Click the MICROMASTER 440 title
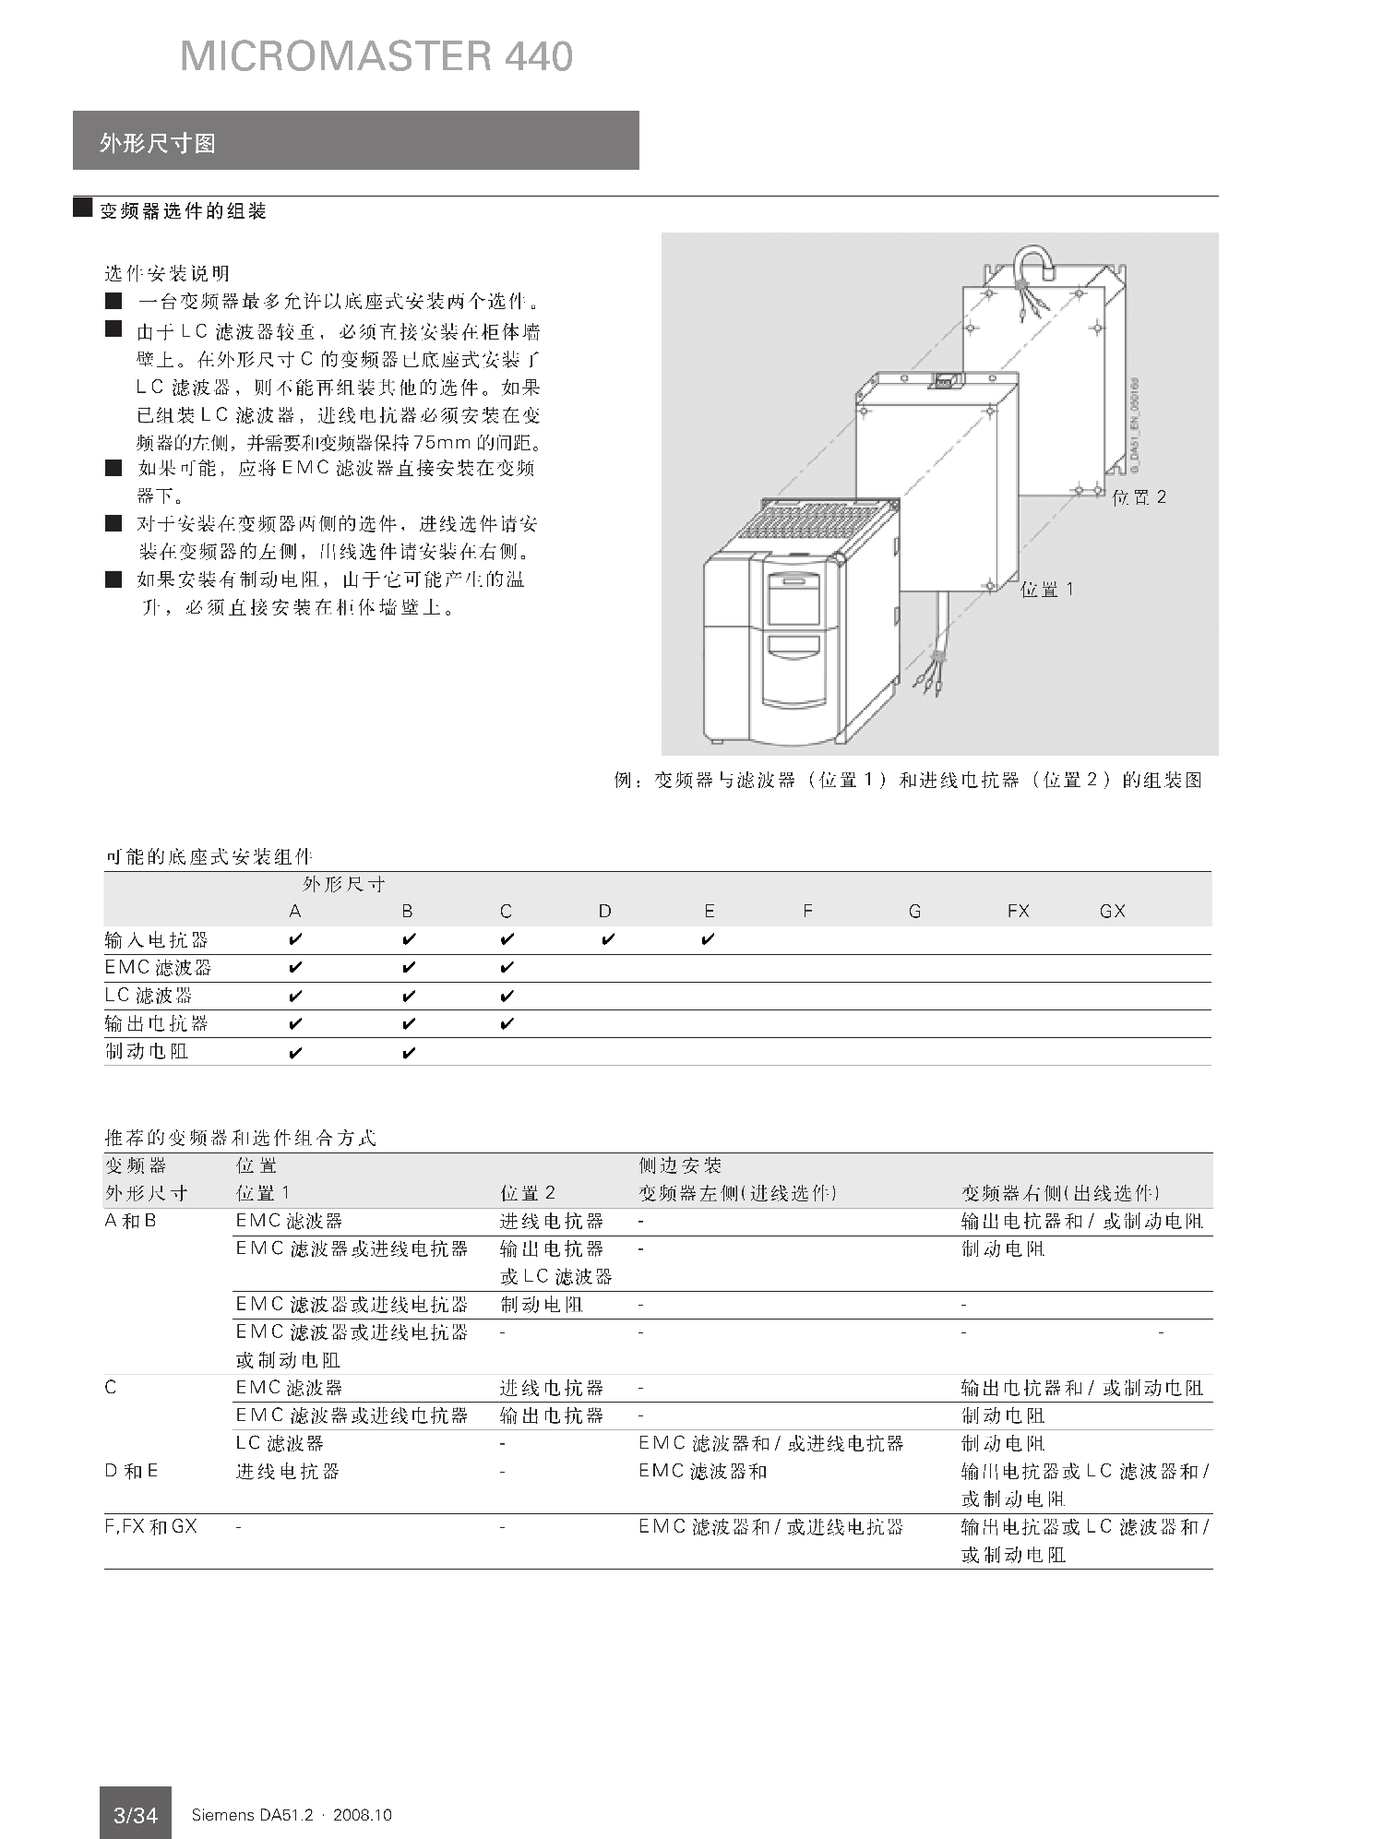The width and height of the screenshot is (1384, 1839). pyautogui.click(x=376, y=56)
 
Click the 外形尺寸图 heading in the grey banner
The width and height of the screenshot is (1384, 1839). pyautogui.click(x=158, y=143)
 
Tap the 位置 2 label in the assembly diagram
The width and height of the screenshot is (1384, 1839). pyautogui.click(x=1139, y=497)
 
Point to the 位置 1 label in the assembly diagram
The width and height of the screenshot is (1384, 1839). pyautogui.click(x=1046, y=590)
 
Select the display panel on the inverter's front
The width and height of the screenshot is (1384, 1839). pyautogui.click(x=793, y=599)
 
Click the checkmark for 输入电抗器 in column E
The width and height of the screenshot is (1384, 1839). pyautogui.click(x=708, y=940)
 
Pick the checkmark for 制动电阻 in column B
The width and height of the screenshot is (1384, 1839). pyautogui.click(x=409, y=1053)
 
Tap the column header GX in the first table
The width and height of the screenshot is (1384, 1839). pyautogui.click(x=1112, y=912)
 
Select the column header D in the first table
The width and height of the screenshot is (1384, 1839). pyautogui.click(x=604, y=912)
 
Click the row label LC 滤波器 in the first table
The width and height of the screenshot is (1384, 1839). pyautogui.click(x=149, y=996)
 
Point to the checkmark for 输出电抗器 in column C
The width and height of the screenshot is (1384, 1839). pyautogui.click(x=507, y=1024)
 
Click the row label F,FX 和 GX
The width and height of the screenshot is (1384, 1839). pyautogui.click(x=150, y=1527)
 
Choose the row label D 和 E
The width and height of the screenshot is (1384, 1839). pyautogui.click(x=131, y=1471)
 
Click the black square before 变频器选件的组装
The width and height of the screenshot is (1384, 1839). pyautogui.click(x=83, y=208)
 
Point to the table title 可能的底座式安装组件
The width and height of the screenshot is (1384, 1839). pyautogui.click(x=209, y=857)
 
